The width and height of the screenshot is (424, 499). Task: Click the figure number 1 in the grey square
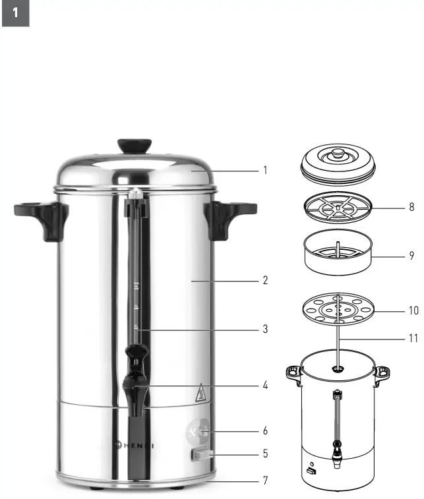click(16, 13)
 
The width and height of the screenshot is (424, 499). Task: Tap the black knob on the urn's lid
click(134, 146)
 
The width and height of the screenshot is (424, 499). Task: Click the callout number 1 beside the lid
click(265, 170)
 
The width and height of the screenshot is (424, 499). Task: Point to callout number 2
click(265, 280)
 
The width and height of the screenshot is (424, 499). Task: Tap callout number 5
click(265, 454)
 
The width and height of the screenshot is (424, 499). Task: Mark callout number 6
click(265, 431)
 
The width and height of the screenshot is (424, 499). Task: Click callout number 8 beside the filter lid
click(411, 207)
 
